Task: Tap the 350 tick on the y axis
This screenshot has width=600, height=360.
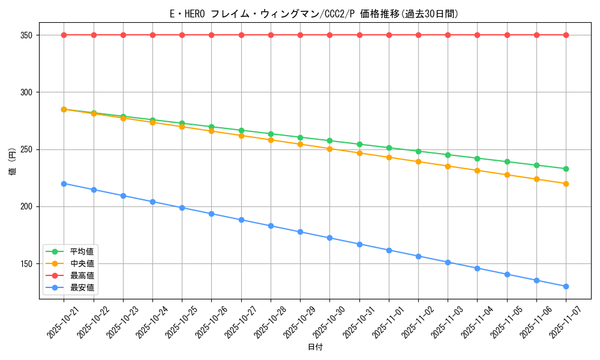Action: point(26,35)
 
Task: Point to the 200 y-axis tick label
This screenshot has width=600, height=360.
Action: point(26,206)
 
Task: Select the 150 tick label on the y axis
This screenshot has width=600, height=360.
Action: point(26,264)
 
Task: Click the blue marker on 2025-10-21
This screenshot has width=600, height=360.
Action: point(64,184)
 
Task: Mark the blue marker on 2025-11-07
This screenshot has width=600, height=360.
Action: point(566,286)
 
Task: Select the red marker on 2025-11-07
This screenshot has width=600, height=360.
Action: point(566,35)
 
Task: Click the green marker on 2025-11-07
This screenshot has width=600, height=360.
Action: point(566,169)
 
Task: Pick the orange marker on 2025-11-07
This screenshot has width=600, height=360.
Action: point(566,184)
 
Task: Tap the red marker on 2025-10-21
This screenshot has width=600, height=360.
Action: point(64,35)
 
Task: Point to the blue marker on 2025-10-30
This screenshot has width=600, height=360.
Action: point(329,238)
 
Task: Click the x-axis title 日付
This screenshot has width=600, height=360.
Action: point(315,347)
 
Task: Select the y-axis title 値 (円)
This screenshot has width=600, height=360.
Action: point(13,162)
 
